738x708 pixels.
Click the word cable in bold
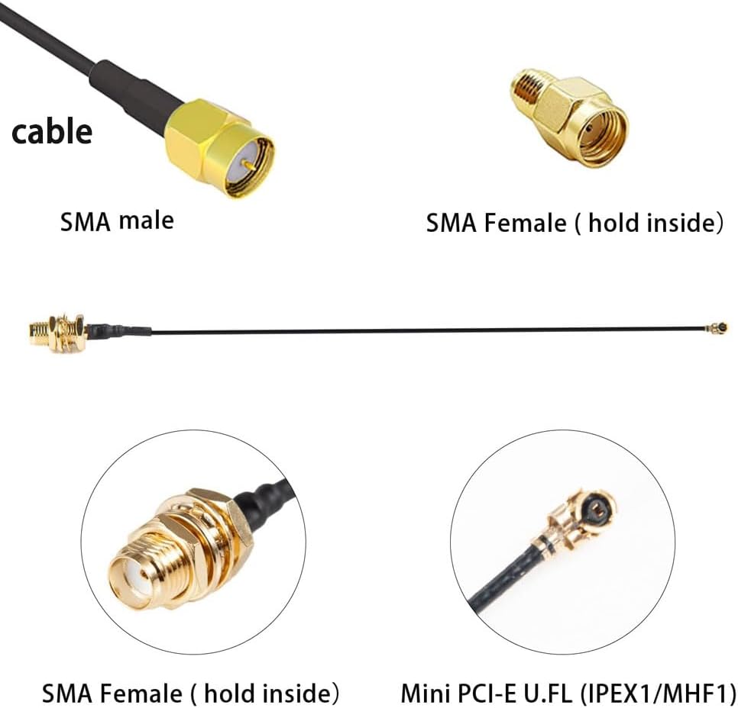tap(51, 131)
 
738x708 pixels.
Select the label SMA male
tap(117, 221)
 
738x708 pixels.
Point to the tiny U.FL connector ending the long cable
tap(717, 328)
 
